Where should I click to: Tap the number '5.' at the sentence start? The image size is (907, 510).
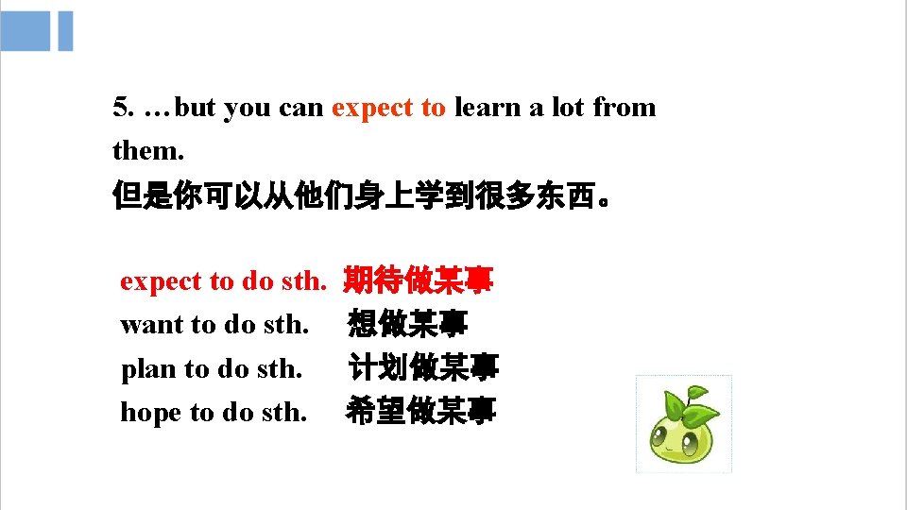click(x=123, y=108)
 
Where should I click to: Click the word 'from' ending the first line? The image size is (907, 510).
click(x=624, y=108)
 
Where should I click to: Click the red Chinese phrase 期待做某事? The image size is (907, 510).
click(x=418, y=280)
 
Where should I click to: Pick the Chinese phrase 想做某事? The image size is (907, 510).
click(x=407, y=325)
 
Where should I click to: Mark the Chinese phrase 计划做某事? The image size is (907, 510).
click(x=422, y=368)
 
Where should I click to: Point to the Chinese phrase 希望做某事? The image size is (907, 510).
click(x=420, y=412)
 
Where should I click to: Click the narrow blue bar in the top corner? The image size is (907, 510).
click(x=65, y=31)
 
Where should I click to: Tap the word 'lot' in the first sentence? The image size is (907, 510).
click(x=567, y=108)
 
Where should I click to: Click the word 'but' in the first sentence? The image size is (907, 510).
click(x=196, y=108)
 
